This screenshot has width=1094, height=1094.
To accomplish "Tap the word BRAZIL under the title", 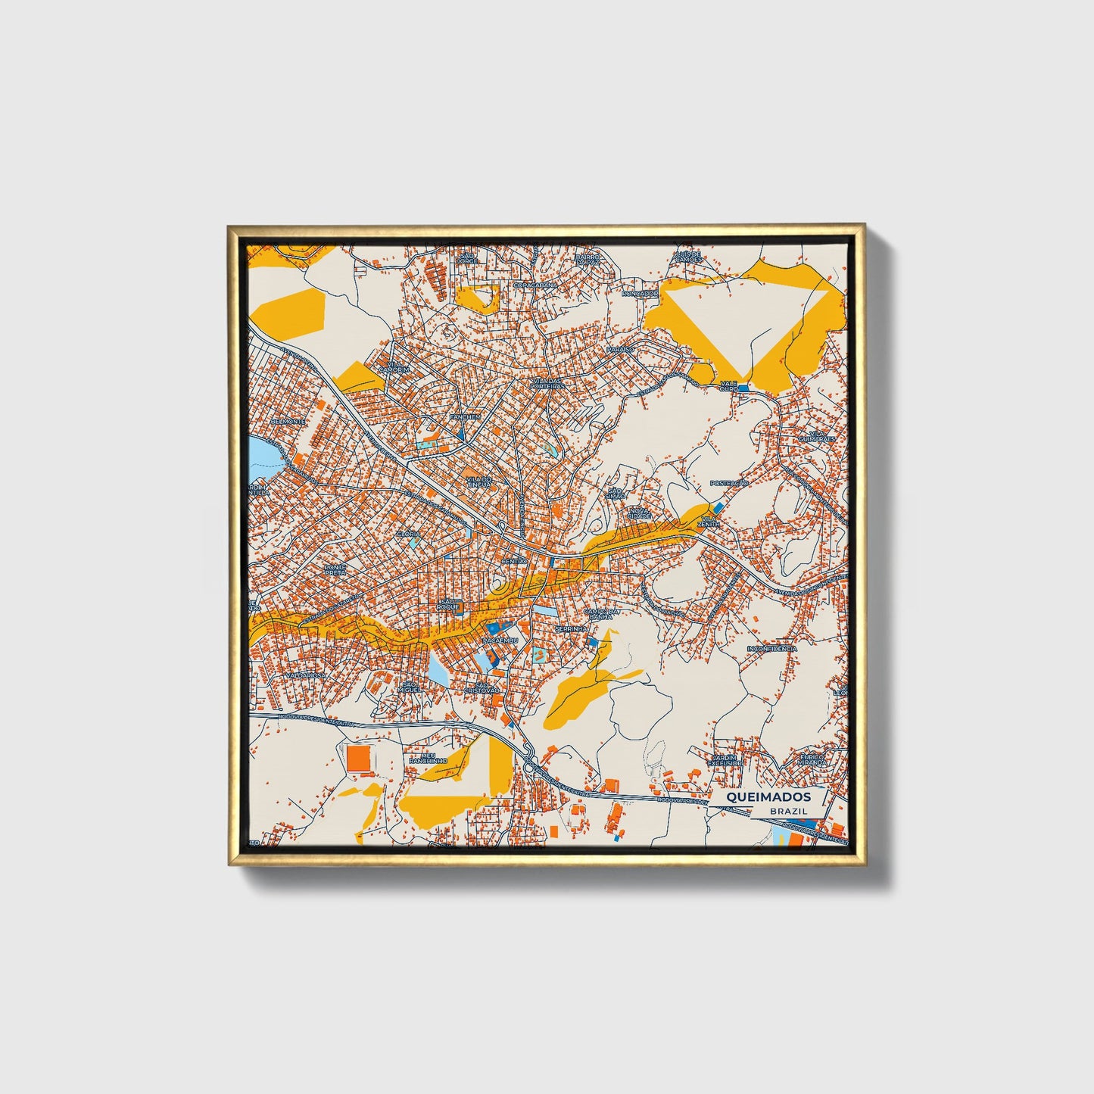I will [x=787, y=811].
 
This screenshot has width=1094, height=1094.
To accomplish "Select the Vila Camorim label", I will [x=397, y=366].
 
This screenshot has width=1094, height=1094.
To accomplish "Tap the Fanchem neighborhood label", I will [x=465, y=416].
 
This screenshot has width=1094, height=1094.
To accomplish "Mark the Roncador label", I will [x=640, y=293].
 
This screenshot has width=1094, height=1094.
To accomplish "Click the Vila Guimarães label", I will [x=816, y=436].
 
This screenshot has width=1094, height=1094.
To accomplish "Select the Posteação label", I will [x=728, y=483].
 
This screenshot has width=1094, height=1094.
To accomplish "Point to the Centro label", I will [x=514, y=561].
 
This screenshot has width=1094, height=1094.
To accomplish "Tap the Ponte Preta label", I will [x=335, y=569].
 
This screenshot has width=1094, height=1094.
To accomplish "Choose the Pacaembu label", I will [x=500, y=641].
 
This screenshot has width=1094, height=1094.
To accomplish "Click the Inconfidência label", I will [x=771, y=649].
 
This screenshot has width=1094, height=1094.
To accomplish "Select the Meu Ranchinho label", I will [x=429, y=757].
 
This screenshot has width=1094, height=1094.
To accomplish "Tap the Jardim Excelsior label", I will [x=725, y=759].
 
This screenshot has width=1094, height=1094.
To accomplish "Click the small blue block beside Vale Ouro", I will [x=743, y=388].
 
